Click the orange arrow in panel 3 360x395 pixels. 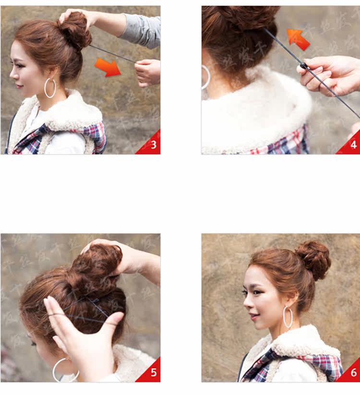point(108,67)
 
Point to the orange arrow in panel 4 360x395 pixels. point(298,39)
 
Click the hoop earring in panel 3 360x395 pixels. point(50,88)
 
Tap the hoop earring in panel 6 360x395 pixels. point(288,317)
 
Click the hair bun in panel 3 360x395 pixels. point(75,30)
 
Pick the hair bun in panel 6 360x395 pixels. point(313,260)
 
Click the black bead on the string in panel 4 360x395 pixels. point(303,65)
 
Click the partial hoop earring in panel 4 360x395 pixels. point(206,77)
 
